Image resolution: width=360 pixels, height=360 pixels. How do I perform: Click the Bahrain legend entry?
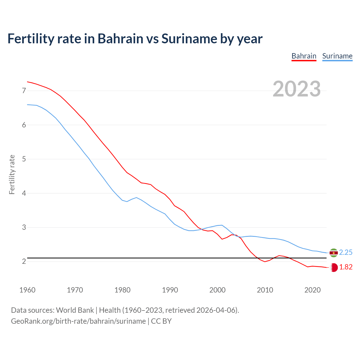(x=304, y=56)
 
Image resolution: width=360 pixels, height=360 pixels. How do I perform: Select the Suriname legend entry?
(x=337, y=56)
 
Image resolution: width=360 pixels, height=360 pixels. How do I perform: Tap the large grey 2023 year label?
(x=297, y=89)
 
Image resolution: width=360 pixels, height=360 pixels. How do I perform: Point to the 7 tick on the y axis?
(x=24, y=91)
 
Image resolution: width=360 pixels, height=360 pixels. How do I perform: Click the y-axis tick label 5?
(x=24, y=159)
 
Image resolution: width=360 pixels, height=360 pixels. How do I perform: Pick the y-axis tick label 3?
(x=24, y=227)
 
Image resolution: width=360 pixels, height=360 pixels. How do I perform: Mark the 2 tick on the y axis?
(x=24, y=261)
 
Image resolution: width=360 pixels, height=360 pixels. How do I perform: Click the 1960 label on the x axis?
(x=27, y=290)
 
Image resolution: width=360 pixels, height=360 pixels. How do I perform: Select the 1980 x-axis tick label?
(x=122, y=290)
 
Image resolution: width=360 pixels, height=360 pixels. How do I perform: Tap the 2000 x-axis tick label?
(x=217, y=290)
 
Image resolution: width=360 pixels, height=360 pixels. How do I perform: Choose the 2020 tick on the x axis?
(x=312, y=290)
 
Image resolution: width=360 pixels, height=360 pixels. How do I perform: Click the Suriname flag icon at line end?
(x=334, y=253)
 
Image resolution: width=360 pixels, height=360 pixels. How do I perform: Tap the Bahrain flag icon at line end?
(x=334, y=267)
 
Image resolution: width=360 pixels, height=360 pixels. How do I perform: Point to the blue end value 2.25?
(x=346, y=253)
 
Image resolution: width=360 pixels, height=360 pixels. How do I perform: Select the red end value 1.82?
(x=346, y=267)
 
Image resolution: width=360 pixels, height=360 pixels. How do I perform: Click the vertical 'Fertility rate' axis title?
(x=12, y=174)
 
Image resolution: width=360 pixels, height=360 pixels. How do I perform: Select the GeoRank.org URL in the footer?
(x=78, y=321)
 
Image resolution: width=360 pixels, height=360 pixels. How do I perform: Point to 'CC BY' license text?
(x=161, y=321)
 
